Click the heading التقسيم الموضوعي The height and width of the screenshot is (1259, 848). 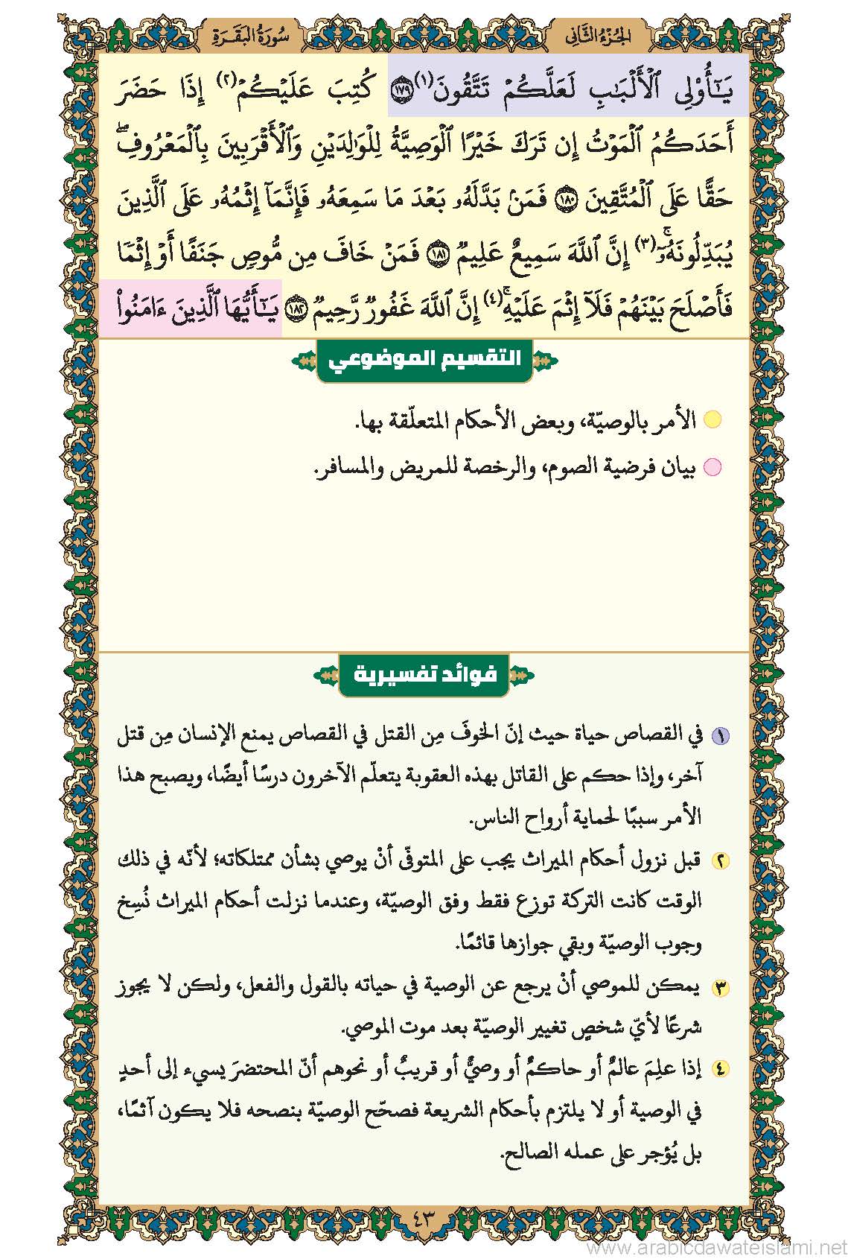point(425,359)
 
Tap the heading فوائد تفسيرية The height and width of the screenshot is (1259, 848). point(423,675)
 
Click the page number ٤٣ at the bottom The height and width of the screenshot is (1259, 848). point(423,1222)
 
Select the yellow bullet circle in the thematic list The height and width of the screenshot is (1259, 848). point(712,419)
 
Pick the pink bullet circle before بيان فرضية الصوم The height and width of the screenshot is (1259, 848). point(712,468)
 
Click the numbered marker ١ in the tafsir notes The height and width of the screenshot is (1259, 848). point(720,736)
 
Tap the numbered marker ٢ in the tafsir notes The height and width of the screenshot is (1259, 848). point(720,861)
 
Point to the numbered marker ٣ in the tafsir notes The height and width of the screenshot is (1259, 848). point(720,989)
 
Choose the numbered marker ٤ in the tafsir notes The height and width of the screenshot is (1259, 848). point(720,1070)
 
